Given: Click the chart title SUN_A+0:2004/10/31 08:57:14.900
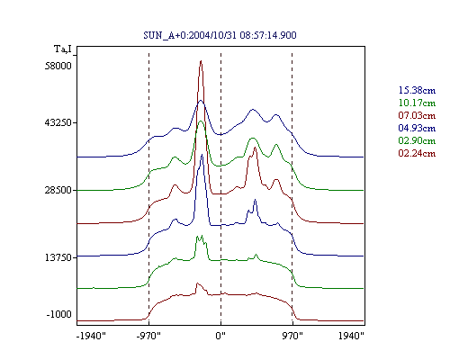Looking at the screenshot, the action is click(220, 35).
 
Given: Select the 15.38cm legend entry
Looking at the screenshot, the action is click(417, 90).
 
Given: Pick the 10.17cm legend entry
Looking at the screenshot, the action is click(417, 103).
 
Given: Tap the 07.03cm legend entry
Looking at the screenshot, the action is click(417, 115).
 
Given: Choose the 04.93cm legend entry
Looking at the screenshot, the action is click(417, 128).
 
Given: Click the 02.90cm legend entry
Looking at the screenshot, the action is click(417, 140).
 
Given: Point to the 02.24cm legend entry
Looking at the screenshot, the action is click(417, 153).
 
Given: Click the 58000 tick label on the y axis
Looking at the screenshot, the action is click(58, 66).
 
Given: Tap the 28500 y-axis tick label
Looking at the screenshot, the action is click(58, 190).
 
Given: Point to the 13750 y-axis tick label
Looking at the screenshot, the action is click(58, 257).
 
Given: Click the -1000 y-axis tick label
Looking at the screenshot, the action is click(59, 314).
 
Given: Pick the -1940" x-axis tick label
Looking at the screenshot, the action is click(92, 336).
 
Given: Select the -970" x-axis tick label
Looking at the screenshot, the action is click(148, 336).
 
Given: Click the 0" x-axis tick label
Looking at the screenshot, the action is click(220, 336).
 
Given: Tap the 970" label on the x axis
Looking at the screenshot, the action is click(292, 336).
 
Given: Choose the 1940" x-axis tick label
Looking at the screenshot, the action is click(351, 336).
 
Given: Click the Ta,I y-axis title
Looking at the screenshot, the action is click(63, 49).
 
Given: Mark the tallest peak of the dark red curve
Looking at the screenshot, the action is click(201, 61).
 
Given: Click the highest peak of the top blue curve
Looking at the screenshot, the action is click(201, 101).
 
